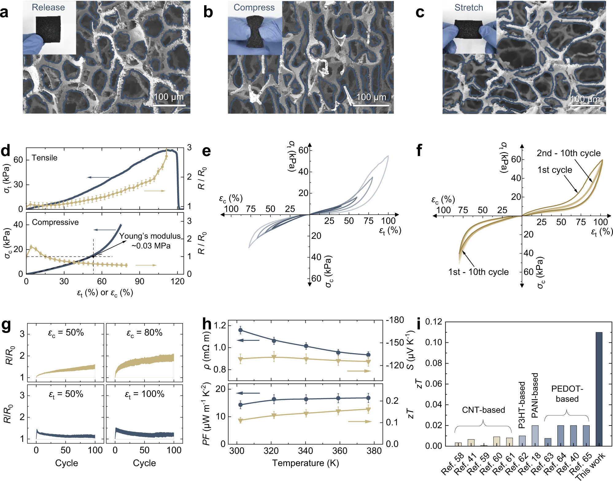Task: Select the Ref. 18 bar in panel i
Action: point(535,435)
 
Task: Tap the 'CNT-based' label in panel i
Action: point(483,410)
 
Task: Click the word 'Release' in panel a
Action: point(48,7)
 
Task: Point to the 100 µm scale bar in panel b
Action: point(371,105)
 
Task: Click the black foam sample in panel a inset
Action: point(48,29)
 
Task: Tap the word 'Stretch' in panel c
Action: point(468,8)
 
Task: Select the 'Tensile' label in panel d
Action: point(45,158)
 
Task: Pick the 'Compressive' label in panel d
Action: point(55,222)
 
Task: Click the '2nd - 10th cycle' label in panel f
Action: point(568,153)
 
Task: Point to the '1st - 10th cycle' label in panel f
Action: point(478,272)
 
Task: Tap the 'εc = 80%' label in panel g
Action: point(144,333)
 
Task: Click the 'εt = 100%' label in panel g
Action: point(144,394)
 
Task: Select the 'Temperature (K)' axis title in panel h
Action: point(305,463)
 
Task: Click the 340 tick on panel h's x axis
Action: point(305,451)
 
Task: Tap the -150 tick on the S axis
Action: point(395,342)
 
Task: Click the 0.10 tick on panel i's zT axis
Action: point(434,342)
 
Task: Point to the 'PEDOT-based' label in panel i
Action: point(567,394)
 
